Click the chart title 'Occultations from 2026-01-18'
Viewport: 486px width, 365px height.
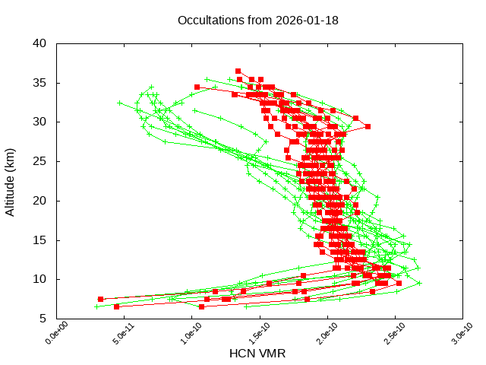[257, 20]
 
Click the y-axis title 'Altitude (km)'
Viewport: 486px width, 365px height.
[11, 181]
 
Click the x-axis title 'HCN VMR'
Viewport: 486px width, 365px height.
[257, 354]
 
